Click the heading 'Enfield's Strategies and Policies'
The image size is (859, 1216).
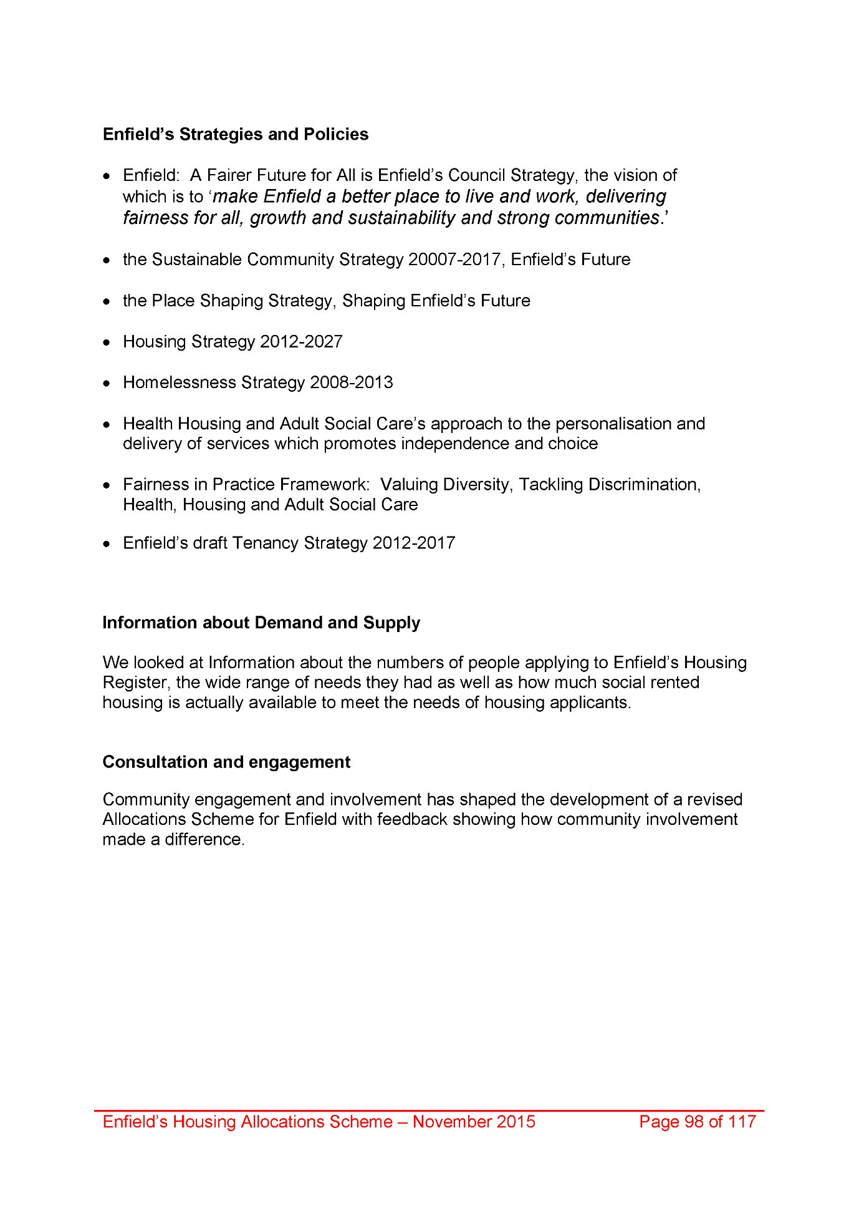pyautogui.click(x=235, y=134)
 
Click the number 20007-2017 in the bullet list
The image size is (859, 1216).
pyautogui.click(x=454, y=260)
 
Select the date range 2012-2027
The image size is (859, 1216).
pyautogui.click(x=301, y=342)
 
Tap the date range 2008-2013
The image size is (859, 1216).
pyautogui.click(x=352, y=382)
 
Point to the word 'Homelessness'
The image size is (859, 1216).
pyautogui.click(x=180, y=382)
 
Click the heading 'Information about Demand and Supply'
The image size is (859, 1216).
pyautogui.click(x=261, y=623)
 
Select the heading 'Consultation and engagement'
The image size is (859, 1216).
pyautogui.click(x=226, y=762)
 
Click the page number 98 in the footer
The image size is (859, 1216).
pyautogui.click(x=694, y=1122)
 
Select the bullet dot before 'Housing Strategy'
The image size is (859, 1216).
pyautogui.click(x=108, y=343)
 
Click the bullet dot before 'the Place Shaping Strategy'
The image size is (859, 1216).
pyautogui.click(x=108, y=301)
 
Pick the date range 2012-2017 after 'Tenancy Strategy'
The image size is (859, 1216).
pyautogui.click(x=414, y=543)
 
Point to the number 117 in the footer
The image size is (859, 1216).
pyautogui.click(x=742, y=1122)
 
